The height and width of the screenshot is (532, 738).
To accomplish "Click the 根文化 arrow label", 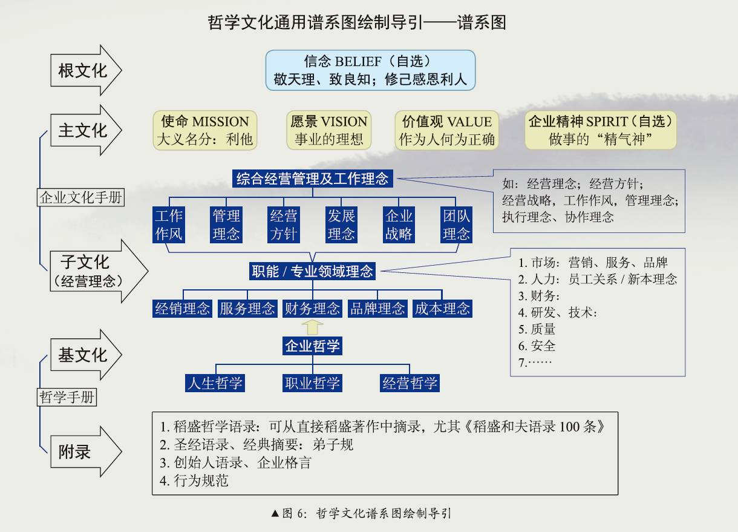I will coord(83,71).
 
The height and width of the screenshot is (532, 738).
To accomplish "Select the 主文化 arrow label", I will coord(83,131).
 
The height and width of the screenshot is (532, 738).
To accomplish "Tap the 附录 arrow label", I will coord(76,452).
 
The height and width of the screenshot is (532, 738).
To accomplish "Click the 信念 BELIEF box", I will coord(370,70).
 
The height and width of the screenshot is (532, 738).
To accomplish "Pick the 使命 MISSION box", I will coord(204,130).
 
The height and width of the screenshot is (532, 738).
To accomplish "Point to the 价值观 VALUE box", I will coord(446,130).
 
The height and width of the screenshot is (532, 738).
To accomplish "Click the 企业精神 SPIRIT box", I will coord(601,130).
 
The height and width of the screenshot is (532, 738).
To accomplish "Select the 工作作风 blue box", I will coord(168,225).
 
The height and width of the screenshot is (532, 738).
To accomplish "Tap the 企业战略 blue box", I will coord(399,225).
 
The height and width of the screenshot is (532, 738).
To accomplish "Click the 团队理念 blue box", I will coord(456,225).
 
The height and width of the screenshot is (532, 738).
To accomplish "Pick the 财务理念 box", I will coord(312,309).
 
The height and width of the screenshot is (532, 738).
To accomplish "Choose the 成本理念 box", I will coord(442,309).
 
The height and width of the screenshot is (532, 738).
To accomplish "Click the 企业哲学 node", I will coord(312,347).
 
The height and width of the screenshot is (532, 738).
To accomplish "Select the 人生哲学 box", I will coord(215,383).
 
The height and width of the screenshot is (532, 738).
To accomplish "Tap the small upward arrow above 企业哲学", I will coord(312,327).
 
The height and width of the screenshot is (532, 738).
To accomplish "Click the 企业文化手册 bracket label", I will coord(81,197).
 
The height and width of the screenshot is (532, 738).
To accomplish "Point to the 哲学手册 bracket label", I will coord(67,398).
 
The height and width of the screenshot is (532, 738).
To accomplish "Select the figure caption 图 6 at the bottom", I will coord(362,514).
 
